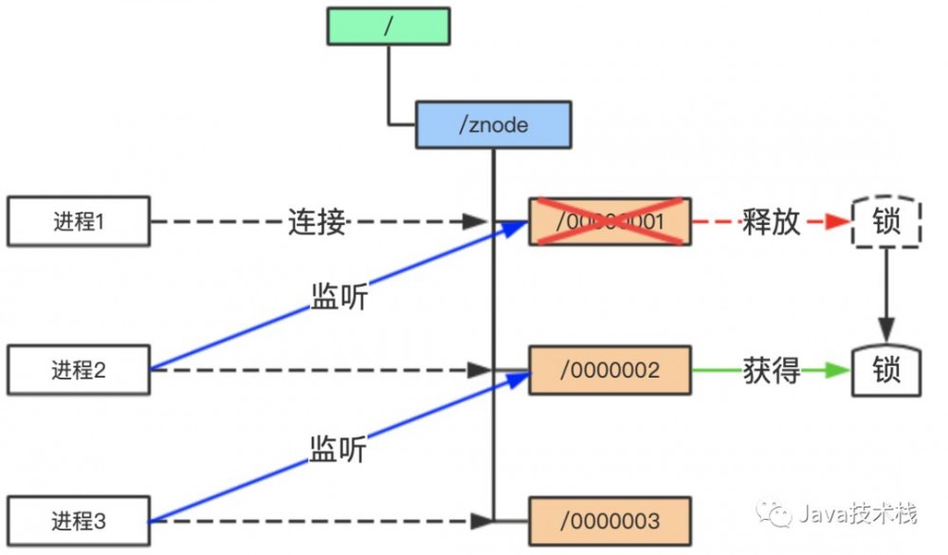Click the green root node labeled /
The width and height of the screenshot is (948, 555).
click(x=388, y=27)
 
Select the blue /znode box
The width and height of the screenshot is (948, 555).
click(x=493, y=125)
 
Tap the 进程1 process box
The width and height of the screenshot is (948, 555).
click(x=79, y=222)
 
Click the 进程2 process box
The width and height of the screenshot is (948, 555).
click(x=79, y=370)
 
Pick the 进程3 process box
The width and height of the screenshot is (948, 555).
click(x=79, y=520)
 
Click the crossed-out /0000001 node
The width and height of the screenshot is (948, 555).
click(x=610, y=222)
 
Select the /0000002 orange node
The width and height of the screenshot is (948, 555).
click(x=610, y=370)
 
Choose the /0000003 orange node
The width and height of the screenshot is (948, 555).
click(x=610, y=520)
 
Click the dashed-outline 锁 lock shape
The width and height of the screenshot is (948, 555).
click(x=886, y=222)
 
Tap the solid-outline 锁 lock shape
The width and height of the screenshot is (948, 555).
click(x=886, y=370)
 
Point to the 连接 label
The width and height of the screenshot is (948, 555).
click(x=317, y=222)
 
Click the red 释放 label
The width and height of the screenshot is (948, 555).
click(x=772, y=222)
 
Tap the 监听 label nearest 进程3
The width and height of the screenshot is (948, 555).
click(x=337, y=448)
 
